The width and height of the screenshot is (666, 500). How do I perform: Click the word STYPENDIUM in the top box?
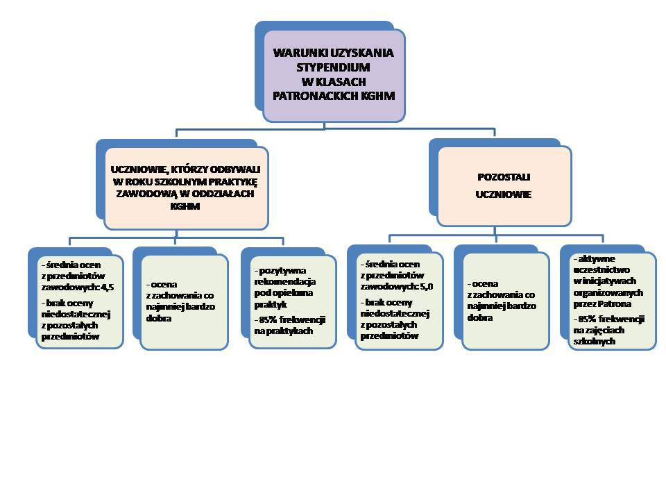[x=333, y=67]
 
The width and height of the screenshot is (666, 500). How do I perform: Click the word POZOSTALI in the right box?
[x=503, y=177]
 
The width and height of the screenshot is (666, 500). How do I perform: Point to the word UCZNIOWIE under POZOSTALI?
[x=503, y=195]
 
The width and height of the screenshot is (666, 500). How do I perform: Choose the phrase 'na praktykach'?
[x=283, y=331]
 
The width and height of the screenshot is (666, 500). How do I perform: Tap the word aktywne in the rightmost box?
[x=590, y=258]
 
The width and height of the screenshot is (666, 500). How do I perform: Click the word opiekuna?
[x=294, y=293]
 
